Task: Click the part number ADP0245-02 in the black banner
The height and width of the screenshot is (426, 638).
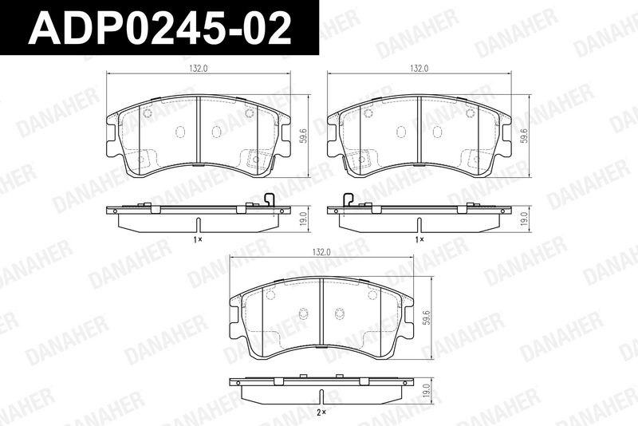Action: click(160, 28)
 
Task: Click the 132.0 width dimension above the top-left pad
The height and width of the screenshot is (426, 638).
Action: click(198, 69)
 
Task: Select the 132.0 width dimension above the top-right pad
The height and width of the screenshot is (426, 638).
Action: click(419, 69)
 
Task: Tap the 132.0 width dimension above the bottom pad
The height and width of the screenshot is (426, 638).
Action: click(321, 252)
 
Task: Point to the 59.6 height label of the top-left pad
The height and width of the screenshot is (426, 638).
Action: click(302, 136)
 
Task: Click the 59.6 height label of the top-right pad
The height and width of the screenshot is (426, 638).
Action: click(524, 136)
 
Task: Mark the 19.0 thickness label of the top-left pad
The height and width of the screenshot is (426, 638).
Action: click(302, 219)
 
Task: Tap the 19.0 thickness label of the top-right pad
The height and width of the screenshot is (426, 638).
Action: click(524, 219)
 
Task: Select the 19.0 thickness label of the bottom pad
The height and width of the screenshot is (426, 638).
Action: click(426, 391)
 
